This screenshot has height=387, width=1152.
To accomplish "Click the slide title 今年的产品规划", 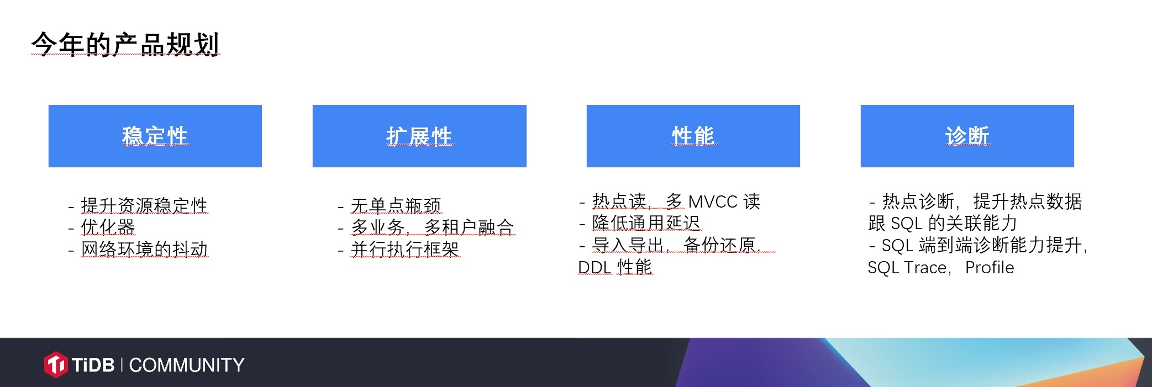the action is pyautogui.click(x=125, y=44).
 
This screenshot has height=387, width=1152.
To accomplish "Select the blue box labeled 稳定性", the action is pyautogui.click(x=155, y=136).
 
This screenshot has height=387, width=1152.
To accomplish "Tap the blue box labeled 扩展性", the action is pyautogui.click(x=419, y=136).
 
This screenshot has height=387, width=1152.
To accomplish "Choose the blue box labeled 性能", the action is pyautogui.click(x=693, y=136).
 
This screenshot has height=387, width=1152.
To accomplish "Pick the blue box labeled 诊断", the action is pyautogui.click(x=967, y=136).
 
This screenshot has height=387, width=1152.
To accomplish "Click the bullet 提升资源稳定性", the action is pyautogui.click(x=144, y=205).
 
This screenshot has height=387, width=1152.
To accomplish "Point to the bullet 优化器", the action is pyautogui.click(x=108, y=227).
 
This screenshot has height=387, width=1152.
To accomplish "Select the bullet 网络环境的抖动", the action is pyautogui.click(x=145, y=249).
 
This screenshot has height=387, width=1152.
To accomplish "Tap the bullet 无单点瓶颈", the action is pyautogui.click(x=396, y=205).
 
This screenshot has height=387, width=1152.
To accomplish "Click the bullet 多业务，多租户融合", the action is pyautogui.click(x=433, y=227).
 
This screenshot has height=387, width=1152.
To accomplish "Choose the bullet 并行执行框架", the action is pyautogui.click(x=405, y=249).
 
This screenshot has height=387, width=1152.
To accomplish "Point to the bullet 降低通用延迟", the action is pyautogui.click(x=646, y=223).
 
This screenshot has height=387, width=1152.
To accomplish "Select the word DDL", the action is pyautogui.click(x=595, y=267).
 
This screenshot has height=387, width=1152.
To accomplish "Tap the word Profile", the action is pyautogui.click(x=990, y=267).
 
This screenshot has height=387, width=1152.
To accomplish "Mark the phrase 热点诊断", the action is pyautogui.click(x=918, y=202).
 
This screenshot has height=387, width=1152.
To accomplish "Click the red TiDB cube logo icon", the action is pyautogui.click(x=56, y=364).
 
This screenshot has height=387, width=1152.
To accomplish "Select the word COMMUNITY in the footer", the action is pyautogui.click(x=187, y=365).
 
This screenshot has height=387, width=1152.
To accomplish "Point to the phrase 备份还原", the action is pyautogui.click(x=719, y=245).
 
